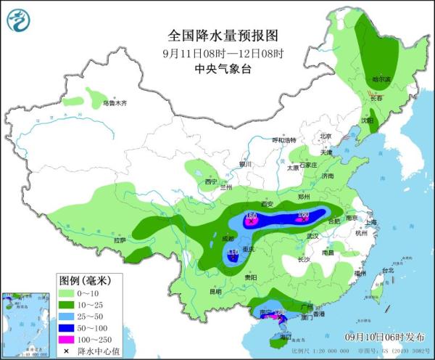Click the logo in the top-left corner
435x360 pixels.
(19, 20)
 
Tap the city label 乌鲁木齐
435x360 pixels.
(115, 104)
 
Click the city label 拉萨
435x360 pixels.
(120, 240)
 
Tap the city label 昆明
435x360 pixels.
(215, 292)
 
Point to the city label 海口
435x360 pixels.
(283, 337)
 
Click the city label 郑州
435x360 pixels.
(304, 197)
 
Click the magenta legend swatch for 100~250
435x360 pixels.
(70, 340)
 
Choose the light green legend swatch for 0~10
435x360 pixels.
(70, 292)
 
